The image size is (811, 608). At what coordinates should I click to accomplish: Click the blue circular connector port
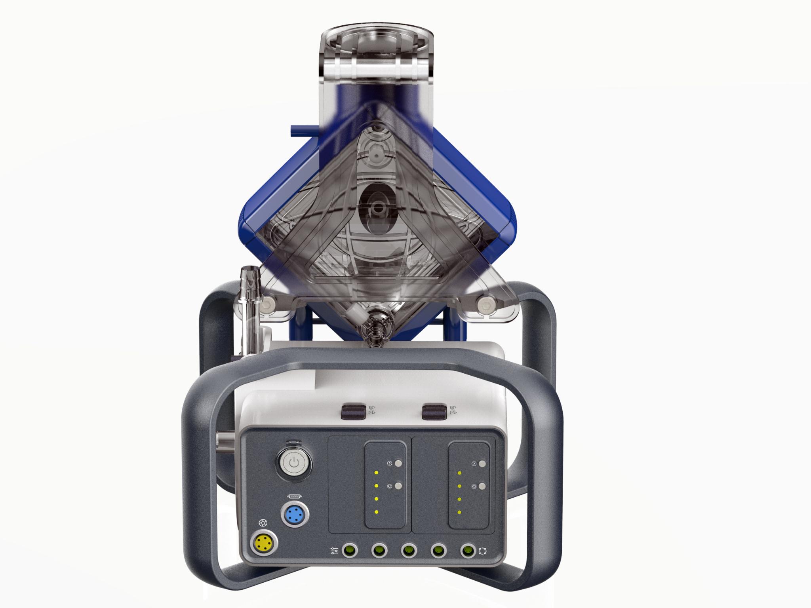(294, 515)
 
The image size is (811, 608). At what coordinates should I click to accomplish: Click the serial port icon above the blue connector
(294, 496)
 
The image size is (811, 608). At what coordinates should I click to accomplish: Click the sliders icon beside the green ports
(334, 551)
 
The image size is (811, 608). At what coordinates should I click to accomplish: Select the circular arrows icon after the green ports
(482, 551)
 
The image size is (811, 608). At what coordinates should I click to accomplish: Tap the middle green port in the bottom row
(409, 550)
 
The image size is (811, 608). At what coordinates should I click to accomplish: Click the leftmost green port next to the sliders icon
(349, 550)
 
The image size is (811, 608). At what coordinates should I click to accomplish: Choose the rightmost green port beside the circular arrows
(468, 550)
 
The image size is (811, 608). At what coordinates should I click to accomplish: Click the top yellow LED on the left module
(376, 473)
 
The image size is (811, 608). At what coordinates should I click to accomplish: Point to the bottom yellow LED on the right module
(459, 512)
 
